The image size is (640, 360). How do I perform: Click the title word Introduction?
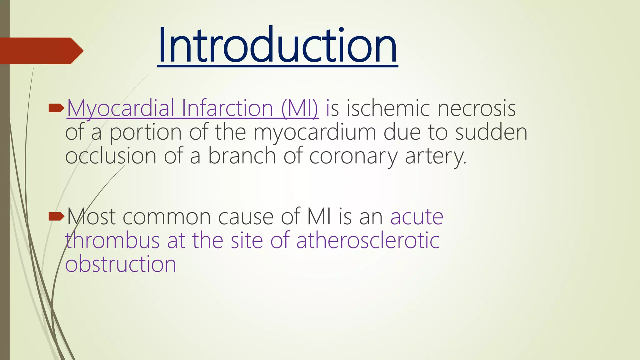[x=277, y=45]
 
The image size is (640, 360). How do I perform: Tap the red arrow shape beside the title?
[x=41, y=51]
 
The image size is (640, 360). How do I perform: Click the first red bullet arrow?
[x=56, y=108]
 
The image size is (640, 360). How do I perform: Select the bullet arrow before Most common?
[x=56, y=216]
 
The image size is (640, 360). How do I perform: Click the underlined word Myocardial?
[x=120, y=108]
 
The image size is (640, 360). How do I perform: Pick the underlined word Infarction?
[x=227, y=108]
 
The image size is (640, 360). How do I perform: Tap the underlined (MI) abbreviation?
[x=299, y=108]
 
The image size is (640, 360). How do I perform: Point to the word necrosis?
[x=476, y=108]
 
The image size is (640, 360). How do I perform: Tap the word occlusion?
[x=111, y=156]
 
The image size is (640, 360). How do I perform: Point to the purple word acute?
[x=417, y=217]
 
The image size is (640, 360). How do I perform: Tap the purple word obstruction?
[x=121, y=264]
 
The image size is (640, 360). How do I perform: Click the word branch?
[x=242, y=156]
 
